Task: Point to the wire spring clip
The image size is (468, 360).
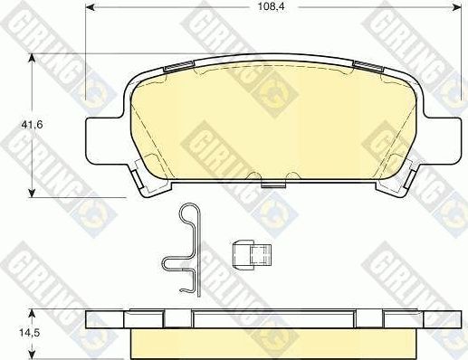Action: click(x=186, y=250)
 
